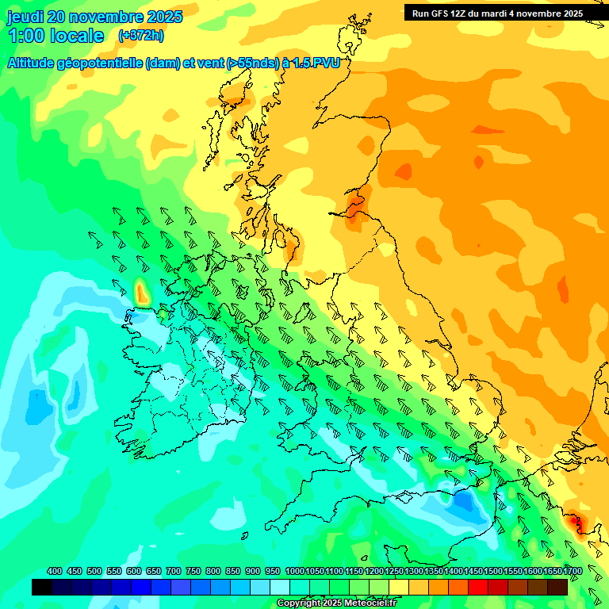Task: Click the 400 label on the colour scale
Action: click(55, 571)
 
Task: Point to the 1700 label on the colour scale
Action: click(573, 571)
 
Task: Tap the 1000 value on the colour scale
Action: click(295, 571)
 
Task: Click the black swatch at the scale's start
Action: click(42, 587)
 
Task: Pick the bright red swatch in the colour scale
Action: click(477, 587)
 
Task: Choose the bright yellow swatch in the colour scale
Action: click(398, 587)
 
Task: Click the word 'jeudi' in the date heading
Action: click(25, 17)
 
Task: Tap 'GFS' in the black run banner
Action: click(440, 13)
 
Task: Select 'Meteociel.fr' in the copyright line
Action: click(365, 603)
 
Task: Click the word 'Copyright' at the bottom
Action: click(297, 603)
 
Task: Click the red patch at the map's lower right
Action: click(574, 524)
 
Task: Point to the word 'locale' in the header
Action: click(77, 36)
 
